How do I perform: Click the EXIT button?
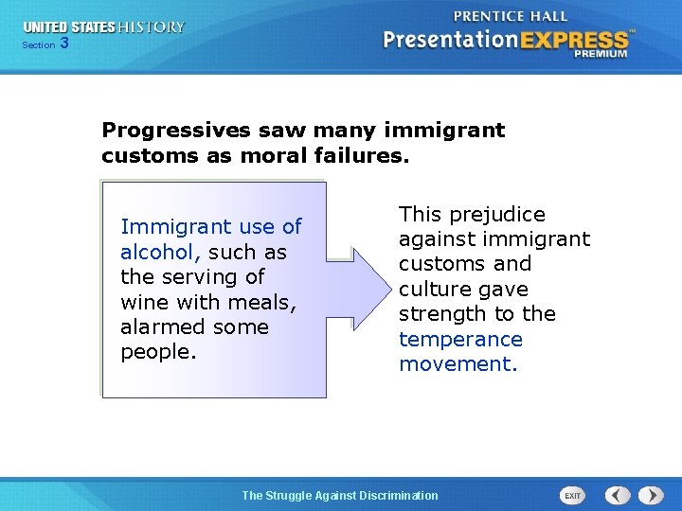point(572,495)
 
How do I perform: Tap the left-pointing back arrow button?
point(618,495)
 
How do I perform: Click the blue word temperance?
point(460,339)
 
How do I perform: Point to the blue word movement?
point(457,364)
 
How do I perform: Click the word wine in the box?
point(146,303)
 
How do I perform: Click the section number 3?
point(64,43)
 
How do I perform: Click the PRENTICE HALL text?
point(511,15)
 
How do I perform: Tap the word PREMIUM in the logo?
point(601,54)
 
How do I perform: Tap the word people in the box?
point(155,352)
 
